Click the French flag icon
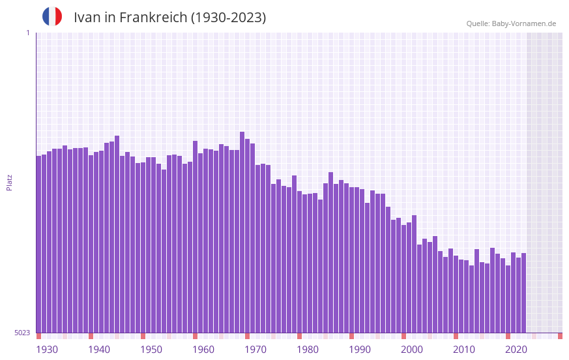pyautogui.click(x=52, y=16)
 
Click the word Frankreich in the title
pyautogui.click(x=153, y=18)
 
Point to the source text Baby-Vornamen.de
pyautogui.click(x=524, y=23)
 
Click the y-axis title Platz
pyautogui.click(x=9, y=182)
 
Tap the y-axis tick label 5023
pyautogui.click(x=22, y=333)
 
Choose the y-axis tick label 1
pyautogui.click(x=27, y=33)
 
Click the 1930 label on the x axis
pyautogui.click(x=47, y=350)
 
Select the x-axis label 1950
pyautogui.click(x=151, y=350)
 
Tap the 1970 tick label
pyautogui.click(x=255, y=350)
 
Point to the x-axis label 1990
pyautogui.click(x=360, y=350)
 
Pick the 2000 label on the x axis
pyautogui.click(x=412, y=350)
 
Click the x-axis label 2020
pyautogui.click(x=516, y=350)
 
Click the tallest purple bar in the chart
pyautogui.click(x=242, y=232)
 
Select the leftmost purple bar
pyautogui.click(x=38, y=244)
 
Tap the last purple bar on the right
pyautogui.click(x=523, y=293)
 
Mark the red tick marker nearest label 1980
pyautogui.click(x=299, y=336)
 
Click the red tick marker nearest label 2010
pyautogui.click(x=456, y=336)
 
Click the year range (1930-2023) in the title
pyautogui.click(x=228, y=18)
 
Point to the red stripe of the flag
pyautogui.click(x=59, y=16)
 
